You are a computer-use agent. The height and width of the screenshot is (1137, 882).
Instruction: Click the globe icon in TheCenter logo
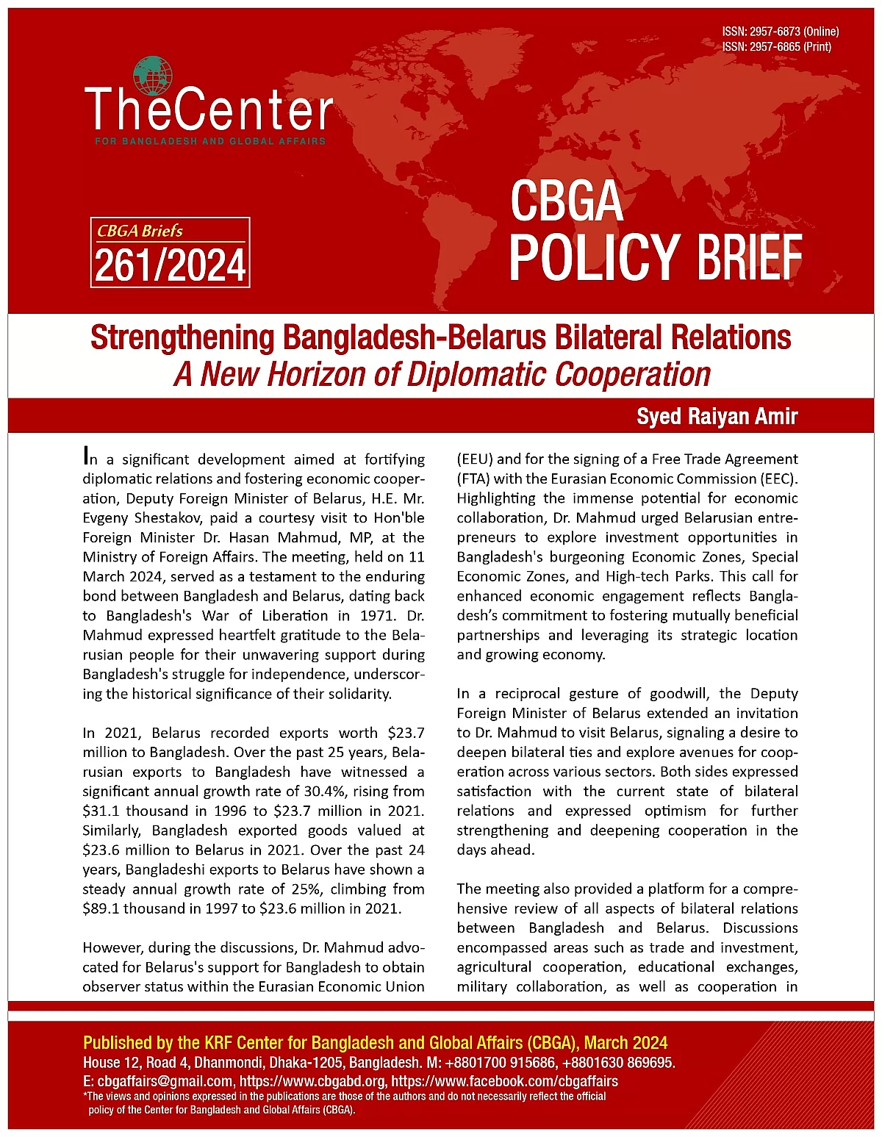[153, 76]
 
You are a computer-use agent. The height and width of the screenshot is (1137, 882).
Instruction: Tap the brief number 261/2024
[170, 265]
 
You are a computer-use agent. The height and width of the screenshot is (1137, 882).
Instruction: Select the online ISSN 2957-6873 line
[780, 32]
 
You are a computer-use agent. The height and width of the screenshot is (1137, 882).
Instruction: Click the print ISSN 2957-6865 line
[776, 47]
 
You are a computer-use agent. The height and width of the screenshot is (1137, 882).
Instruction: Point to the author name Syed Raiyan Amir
[717, 417]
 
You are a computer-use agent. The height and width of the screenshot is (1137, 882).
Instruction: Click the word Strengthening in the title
[182, 338]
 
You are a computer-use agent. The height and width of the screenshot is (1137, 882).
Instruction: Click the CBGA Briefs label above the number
[140, 231]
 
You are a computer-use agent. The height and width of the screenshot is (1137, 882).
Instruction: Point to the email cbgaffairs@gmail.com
[165, 1081]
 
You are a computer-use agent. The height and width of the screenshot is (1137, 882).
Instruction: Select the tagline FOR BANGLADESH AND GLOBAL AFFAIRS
[210, 140]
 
